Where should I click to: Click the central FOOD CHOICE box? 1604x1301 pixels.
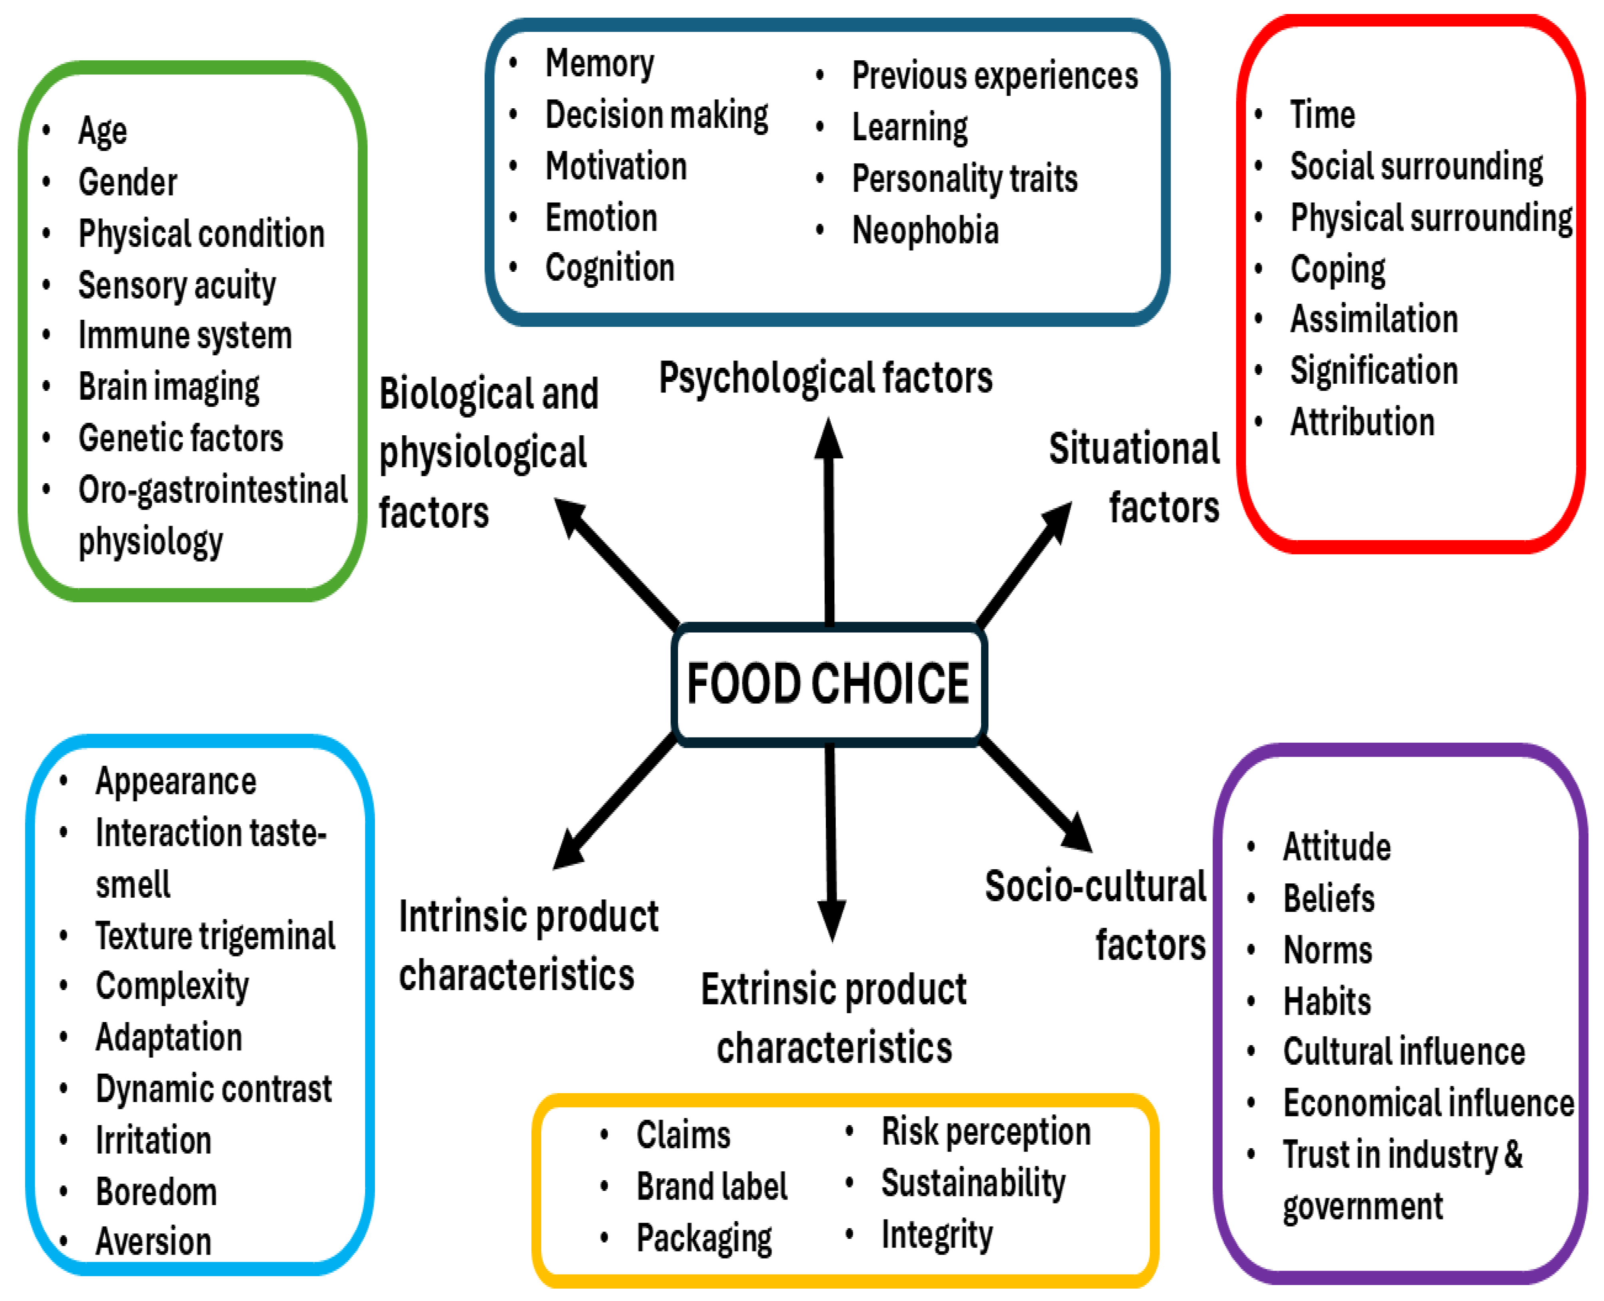(x=828, y=683)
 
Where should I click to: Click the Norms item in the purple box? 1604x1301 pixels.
(x=1327, y=950)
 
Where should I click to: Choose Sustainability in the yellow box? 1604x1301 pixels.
(x=973, y=1183)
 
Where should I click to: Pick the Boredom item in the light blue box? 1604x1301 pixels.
(x=156, y=1191)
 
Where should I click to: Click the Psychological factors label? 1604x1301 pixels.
(x=825, y=377)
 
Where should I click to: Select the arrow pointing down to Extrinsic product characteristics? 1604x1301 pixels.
(x=830, y=839)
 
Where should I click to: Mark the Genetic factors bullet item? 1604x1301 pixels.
(x=181, y=438)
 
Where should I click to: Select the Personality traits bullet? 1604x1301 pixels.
(x=965, y=178)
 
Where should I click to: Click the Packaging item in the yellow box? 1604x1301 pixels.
(x=704, y=1237)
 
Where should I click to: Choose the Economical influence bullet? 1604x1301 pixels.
(x=1428, y=1102)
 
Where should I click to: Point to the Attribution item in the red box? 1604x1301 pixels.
(x=1362, y=422)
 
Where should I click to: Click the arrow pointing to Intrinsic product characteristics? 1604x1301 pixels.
(x=611, y=806)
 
